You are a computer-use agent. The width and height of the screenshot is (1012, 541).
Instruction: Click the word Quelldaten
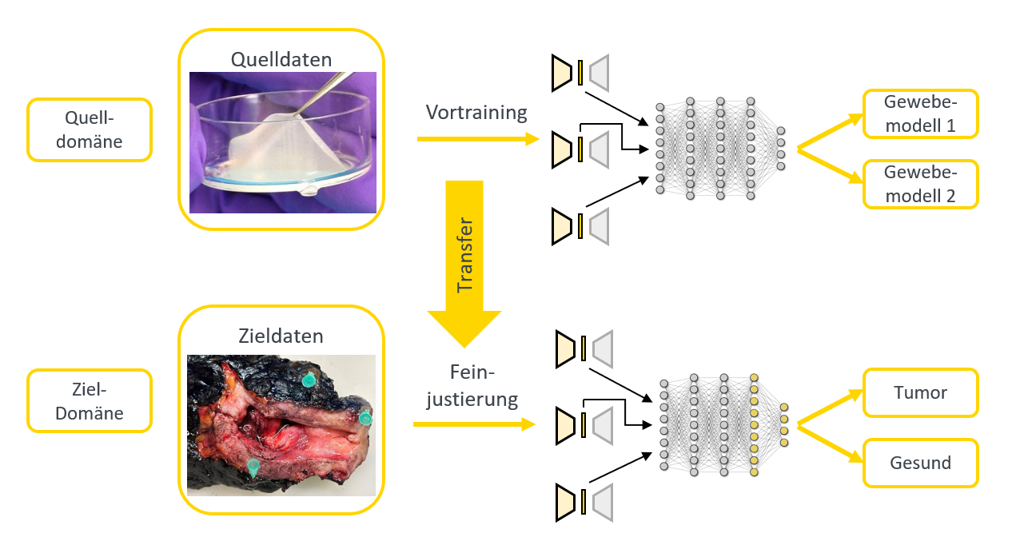pyautogui.click(x=281, y=60)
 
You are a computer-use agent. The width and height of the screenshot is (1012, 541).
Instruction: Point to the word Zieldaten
pyautogui.click(x=281, y=336)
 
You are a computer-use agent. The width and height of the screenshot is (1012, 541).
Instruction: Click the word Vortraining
pyautogui.click(x=476, y=113)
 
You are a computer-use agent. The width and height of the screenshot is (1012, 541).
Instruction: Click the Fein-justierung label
pyautogui.click(x=472, y=386)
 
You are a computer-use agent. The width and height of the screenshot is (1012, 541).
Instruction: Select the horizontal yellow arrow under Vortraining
pyautogui.click(x=478, y=138)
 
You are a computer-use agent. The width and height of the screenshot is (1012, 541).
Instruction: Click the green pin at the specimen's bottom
pyautogui.click(x=253, y=467)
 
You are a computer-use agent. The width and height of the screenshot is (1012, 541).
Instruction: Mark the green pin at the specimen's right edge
pyautogui.click(x=365, y=417)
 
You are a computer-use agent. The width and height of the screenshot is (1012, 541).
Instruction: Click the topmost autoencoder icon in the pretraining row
pyautogui.click(x=580, y=73)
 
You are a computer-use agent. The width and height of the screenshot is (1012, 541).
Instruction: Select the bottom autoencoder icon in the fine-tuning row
pyautogui.click(x=584, y=502)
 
